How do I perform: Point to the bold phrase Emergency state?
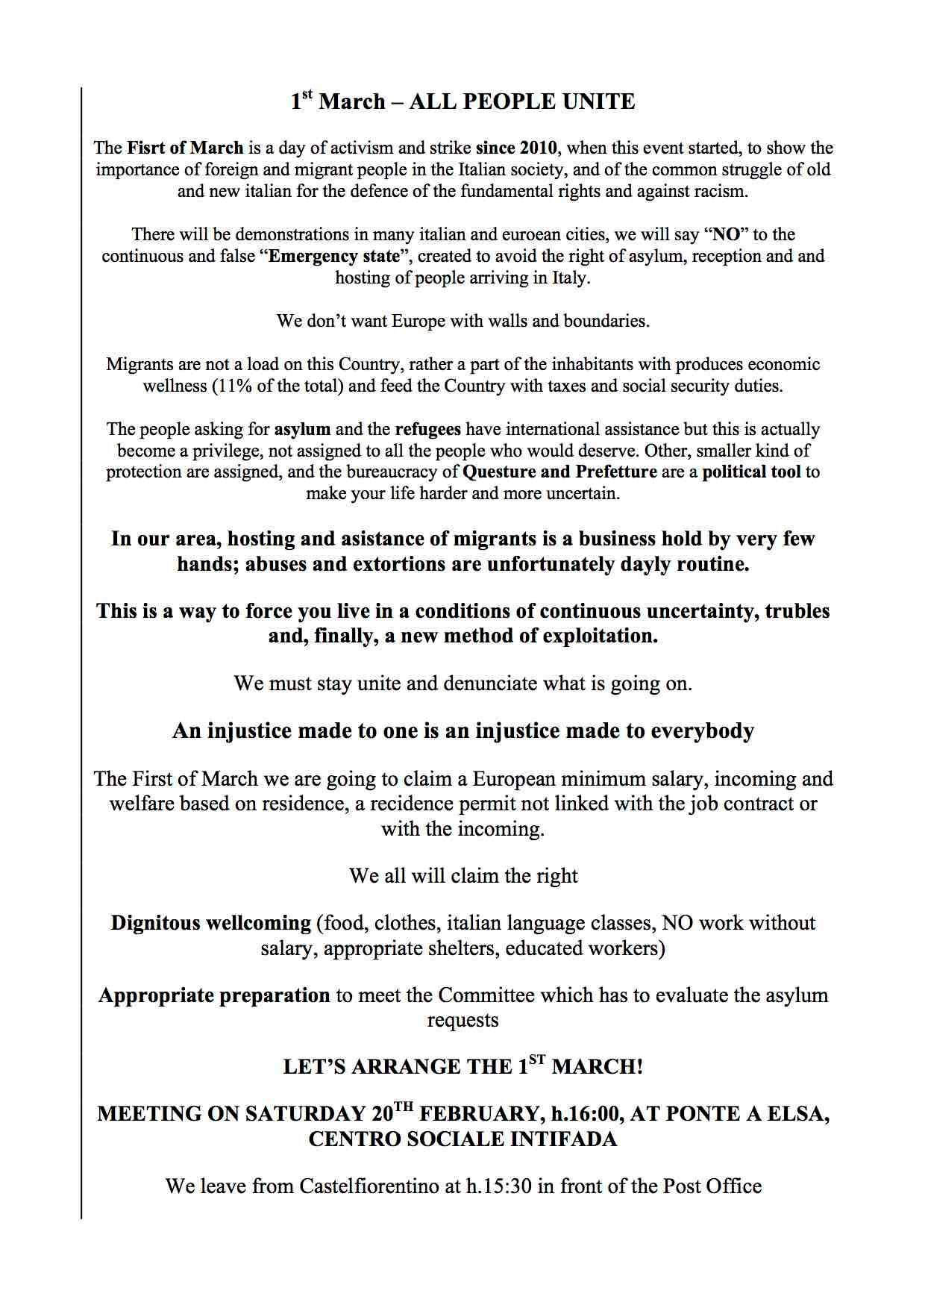[334, 256]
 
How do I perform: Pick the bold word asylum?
[302, 429]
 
